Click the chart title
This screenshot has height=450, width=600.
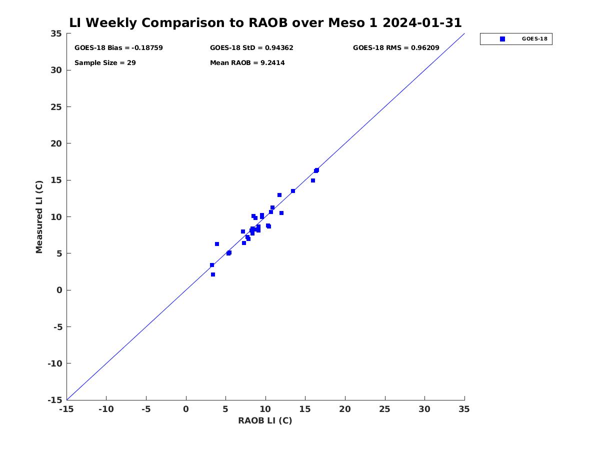[265, 23]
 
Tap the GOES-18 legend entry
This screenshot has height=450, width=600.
[516, 39]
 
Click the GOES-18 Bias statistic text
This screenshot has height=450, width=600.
[118, 48]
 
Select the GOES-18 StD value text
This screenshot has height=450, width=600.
[251, 48]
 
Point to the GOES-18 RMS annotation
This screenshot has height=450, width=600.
[396, 48]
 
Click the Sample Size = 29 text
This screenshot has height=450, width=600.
[105, 63]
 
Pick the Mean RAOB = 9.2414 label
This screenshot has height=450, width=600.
[247, 63]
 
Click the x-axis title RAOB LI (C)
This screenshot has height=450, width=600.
[265, 420]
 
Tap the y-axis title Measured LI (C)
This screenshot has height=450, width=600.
[39, 217]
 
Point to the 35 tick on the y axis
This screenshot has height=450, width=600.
[56, 33]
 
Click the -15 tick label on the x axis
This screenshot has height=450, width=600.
[66, 409]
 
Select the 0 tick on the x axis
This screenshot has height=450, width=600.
[186, 409]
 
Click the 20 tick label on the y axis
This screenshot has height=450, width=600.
[56, 143]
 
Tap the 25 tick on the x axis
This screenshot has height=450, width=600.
[385, 409]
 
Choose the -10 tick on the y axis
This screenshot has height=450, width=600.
[54, 363]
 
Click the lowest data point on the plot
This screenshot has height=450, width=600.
[213, 274]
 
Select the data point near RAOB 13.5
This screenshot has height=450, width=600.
[293, 191]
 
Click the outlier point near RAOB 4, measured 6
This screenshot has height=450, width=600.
[217, 244]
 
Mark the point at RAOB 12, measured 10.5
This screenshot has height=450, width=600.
[281, 213]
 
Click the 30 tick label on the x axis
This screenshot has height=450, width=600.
[424, 409]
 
